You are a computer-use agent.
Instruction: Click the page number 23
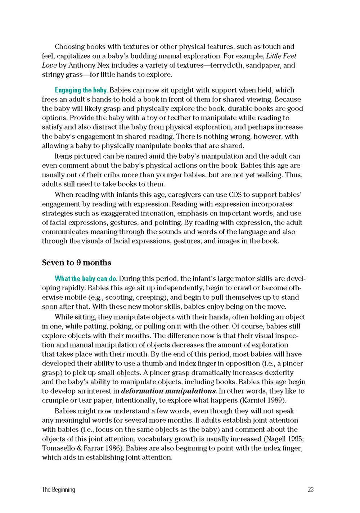pos(311,489)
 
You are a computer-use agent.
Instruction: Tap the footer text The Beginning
pos(58,489)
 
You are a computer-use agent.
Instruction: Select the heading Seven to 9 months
pos(76,263)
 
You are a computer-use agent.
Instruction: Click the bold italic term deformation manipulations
pos(168,391)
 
